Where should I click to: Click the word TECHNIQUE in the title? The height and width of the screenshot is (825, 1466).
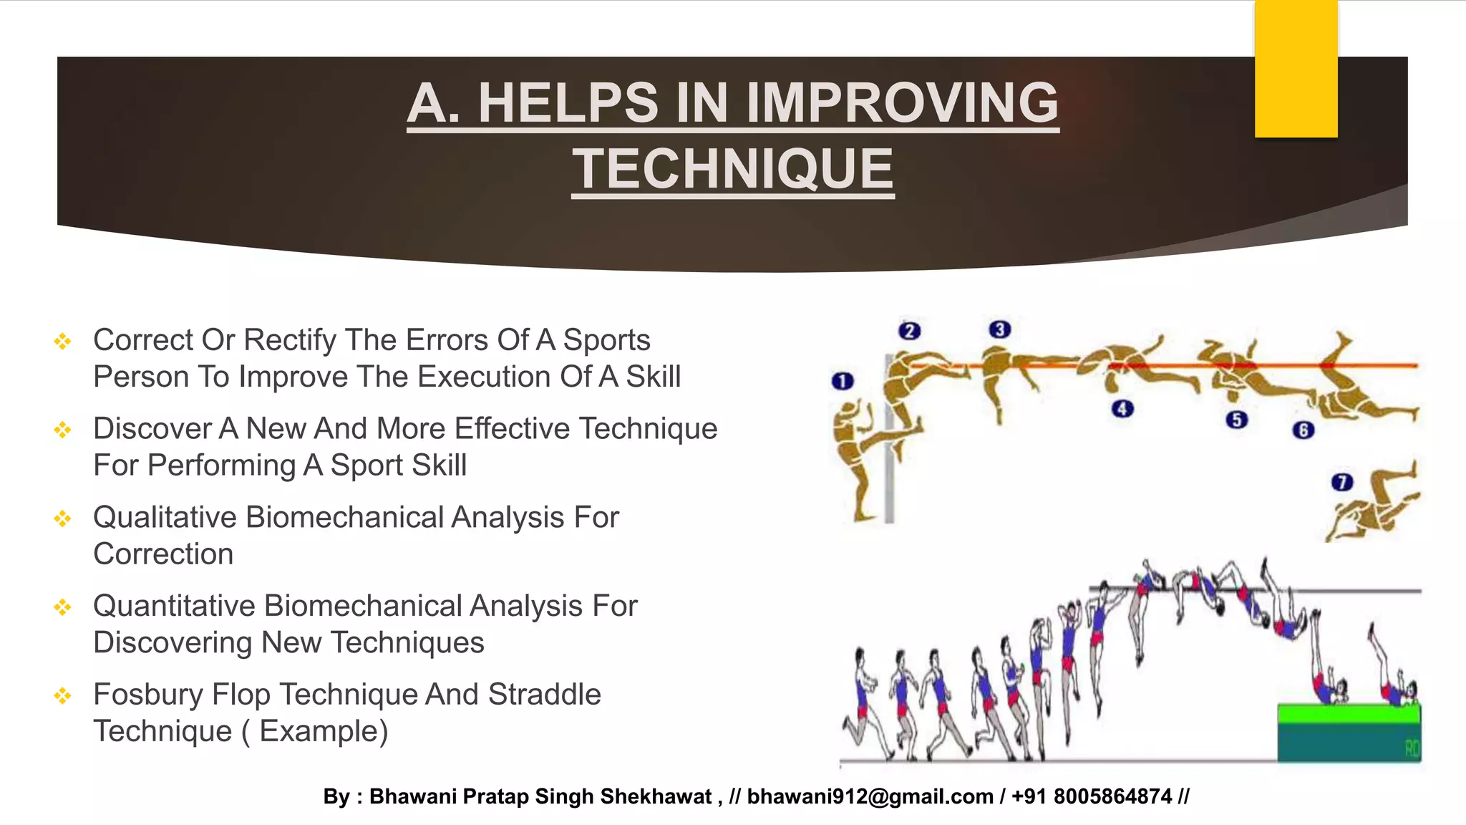[733, 169]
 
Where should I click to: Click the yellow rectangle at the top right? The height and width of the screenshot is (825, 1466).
[1296, 68]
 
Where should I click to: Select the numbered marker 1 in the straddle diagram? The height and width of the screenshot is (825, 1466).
[843, 381]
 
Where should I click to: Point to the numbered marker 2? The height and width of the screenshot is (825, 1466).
[909, 331]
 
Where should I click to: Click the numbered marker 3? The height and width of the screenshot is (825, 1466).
[999, 329]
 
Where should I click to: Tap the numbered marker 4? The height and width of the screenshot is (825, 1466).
[1122, 409]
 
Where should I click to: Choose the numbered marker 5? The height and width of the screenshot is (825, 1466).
[1236, 420]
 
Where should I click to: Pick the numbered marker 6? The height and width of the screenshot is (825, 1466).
[1304, 430]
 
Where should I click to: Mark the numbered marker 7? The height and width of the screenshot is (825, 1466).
[1342, 482]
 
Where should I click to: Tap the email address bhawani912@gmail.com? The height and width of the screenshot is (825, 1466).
[870, 796]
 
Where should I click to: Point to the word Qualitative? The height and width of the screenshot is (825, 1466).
[165, 518]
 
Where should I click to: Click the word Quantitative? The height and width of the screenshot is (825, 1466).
[174, 607]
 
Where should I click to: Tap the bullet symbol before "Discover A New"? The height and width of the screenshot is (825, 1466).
[63, 430]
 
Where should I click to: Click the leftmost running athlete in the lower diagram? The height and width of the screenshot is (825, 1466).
[865, 705]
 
